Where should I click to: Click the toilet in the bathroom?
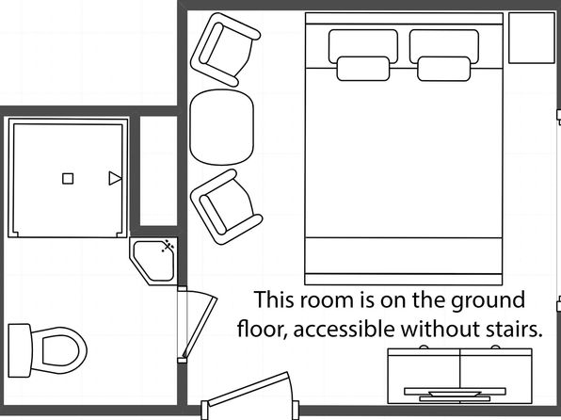tap(47, 350)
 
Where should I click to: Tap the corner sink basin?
tap(153, 261)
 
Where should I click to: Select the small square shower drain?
tap(68, 178)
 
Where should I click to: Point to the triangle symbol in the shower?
tap(115, 178)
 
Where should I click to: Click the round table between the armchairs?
tap(222, 127)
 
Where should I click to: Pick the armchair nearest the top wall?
tap(225, 49)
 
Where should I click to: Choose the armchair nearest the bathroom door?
tap(226, 207)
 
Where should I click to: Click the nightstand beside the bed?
tap(532, 38)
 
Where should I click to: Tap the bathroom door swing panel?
tap(200, 327)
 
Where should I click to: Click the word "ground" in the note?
tap(488, 300)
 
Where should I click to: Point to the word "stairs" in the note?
tap(514, 329)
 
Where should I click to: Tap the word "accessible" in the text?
tap(345, 329)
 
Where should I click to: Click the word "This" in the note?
tap(275, 299)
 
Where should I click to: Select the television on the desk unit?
tap(455, 394)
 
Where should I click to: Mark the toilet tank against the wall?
tap(20, 350)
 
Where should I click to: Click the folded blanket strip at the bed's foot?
tap(404, 256)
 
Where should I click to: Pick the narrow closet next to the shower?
tap(158, 170)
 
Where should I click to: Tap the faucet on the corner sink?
tap(168, 247)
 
